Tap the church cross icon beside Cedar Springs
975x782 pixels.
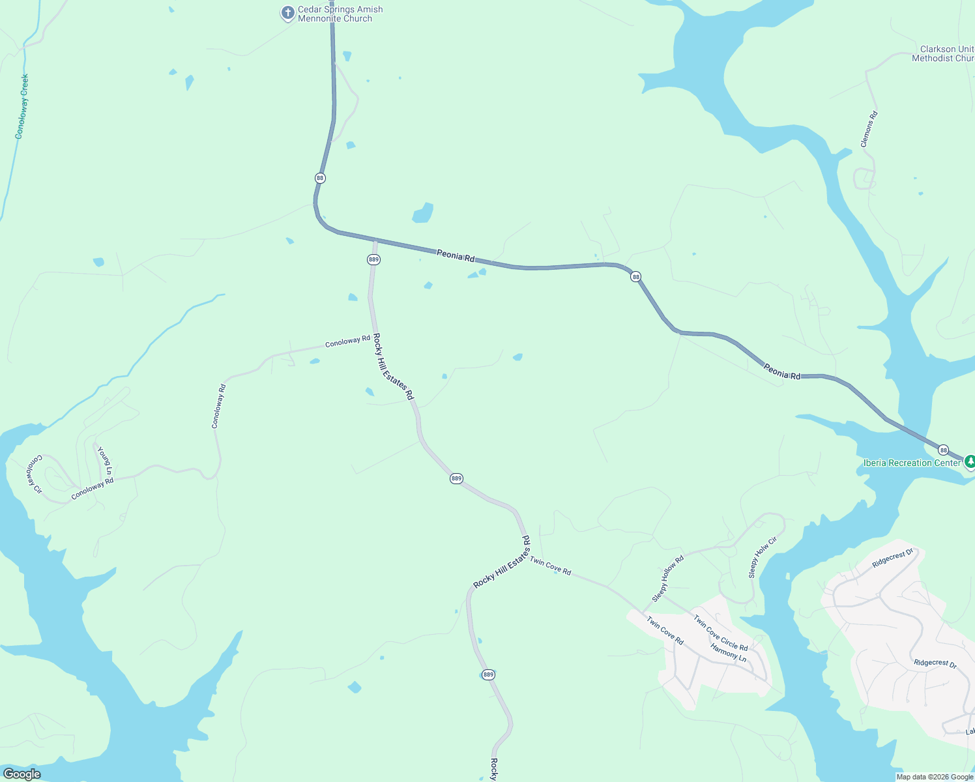287,12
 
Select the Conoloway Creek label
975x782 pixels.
22,106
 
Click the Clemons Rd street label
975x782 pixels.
869,129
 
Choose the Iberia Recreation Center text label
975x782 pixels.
911,463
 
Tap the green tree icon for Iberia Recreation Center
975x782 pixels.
970,461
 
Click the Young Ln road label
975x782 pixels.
105,461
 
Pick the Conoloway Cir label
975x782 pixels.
34,474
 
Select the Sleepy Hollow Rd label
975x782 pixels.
668,579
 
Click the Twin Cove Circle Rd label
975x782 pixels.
720,633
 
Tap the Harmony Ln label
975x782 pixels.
728,652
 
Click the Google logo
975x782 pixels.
22,774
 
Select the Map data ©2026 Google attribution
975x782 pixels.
935,777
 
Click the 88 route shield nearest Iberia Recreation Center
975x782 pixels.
943,450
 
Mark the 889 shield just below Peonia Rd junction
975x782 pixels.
373,259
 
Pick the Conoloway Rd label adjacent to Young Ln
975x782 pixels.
93,489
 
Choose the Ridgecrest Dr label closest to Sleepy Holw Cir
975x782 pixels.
893,559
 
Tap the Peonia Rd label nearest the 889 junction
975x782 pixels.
456,255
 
